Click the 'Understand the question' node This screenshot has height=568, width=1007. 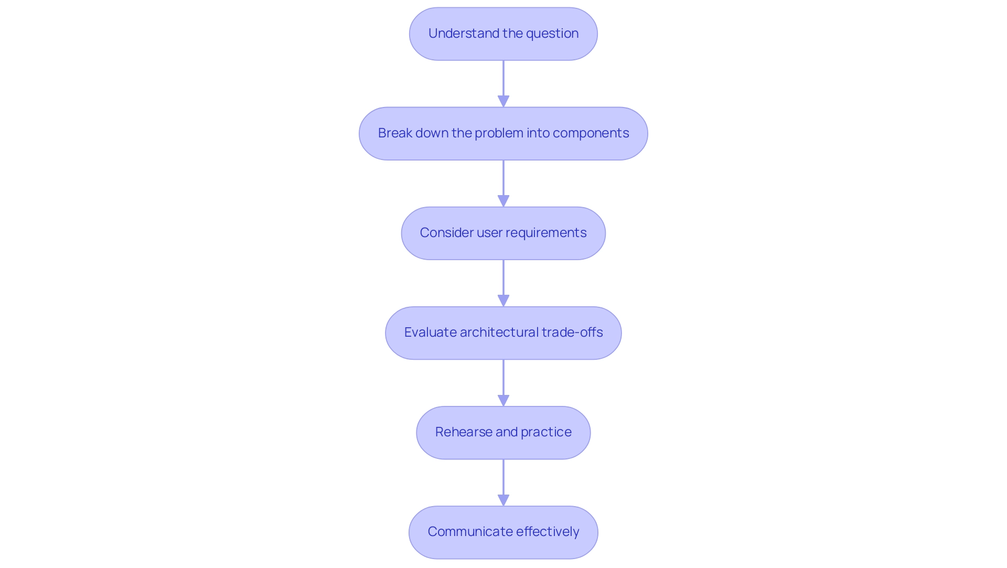(503, 34)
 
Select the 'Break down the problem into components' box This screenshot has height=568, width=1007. (503, 134)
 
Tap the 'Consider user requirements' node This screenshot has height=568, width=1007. (503, 233)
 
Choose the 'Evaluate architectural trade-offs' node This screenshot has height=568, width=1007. (503, 333)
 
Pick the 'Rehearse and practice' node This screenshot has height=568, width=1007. (503, 433)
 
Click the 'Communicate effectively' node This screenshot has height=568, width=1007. (503, 532)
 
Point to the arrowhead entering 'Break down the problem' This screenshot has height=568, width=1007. (504, 101)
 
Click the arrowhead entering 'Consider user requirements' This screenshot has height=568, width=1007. (504, 201)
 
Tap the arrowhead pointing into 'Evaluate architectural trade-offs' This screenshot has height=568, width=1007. (504, 301)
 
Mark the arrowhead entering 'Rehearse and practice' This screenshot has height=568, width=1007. (504, 400)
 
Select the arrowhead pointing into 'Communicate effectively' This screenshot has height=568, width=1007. (504, 500)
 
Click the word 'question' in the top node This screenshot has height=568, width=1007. (552, 34)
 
